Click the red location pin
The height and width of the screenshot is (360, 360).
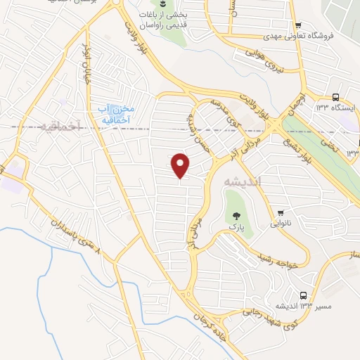[x=181, y=165]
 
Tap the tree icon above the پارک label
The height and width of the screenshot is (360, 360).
[x=233, y=215]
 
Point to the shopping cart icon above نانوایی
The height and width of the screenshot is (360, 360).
[x=281, y=212]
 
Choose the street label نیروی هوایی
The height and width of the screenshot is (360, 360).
[x=266, y=60]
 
